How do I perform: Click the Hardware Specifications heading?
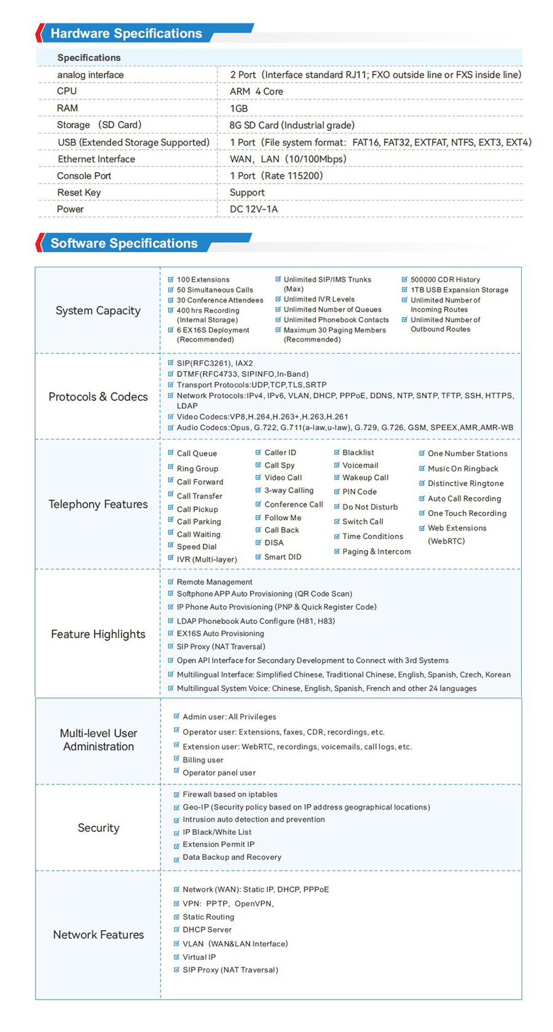pos(126,34)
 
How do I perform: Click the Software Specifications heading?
pos(124,243)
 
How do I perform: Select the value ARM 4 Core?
pos(256,92)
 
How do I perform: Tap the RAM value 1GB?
pos(238,109)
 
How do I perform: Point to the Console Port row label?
pos(84,176)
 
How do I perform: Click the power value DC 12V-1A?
pos(254,210)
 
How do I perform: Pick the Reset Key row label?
pos(79,192)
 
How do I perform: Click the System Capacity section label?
pos(98,310)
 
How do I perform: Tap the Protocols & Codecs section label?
pos(98,396)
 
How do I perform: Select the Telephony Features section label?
pos(98,504)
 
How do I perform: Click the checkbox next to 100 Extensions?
pos(171,280)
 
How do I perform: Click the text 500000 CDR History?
pos(445,280)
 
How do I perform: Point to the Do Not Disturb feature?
pos(370,507)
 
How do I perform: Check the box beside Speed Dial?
pos(171,546)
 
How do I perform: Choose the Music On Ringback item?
pos(463,469)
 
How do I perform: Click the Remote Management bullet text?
pos(214,582)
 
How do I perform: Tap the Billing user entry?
pos(203,760)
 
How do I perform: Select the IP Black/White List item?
pos(217,832)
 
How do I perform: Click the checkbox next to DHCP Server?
pos(176,929)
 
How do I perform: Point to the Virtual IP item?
pos(199,957)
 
